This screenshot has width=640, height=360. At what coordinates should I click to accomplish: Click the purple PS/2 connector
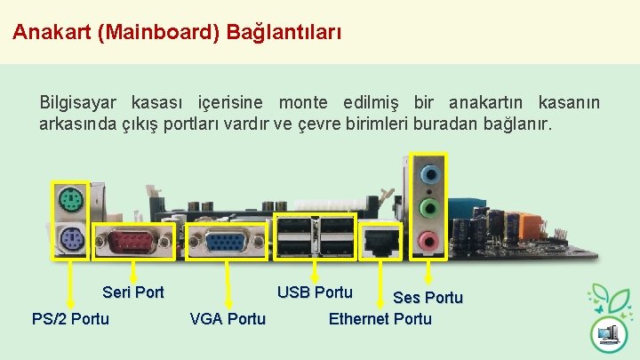coord(70,238)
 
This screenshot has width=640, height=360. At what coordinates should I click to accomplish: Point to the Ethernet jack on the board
coord(382,240)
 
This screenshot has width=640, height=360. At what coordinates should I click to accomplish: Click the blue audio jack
coord(430,173)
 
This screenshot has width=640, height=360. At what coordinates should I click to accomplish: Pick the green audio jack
coord(430,208)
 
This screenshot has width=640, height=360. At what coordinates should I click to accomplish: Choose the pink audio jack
coord(430,240)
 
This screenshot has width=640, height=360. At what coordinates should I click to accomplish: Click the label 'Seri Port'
coord(133,292)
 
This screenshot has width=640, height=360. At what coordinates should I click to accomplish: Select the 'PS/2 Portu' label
coord(70,318)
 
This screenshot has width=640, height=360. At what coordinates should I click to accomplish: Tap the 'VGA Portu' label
coord(228,318)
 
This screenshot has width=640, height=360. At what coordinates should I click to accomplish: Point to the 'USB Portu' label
coord(315,292)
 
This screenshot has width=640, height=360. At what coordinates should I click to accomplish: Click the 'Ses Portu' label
coord(428,297)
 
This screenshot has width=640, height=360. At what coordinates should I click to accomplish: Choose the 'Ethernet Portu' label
coord(380,318)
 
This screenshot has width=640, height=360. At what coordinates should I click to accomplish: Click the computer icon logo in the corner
coord(609,334)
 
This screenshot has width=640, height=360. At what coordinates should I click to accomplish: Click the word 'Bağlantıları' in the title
coord(284,33)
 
